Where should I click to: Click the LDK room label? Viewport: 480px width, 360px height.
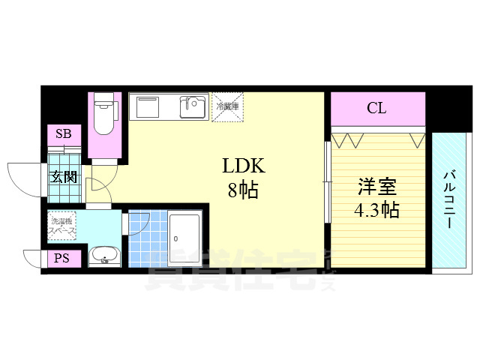tap(242, 166)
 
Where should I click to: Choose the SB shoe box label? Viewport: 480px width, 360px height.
tap(64, 135)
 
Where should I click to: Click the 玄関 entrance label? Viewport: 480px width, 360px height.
tap(63, 178)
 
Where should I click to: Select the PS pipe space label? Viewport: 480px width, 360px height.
tap(60, 259)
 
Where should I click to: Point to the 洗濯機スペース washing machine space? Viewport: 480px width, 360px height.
tap(63, 226)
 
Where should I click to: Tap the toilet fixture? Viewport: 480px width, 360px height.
tap(103, 120)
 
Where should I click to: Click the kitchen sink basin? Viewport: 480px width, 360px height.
tap(193, 107)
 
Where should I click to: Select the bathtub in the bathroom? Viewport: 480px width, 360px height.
tap(184, 238)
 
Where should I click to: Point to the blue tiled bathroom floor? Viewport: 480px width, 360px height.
tap(147, 238)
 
